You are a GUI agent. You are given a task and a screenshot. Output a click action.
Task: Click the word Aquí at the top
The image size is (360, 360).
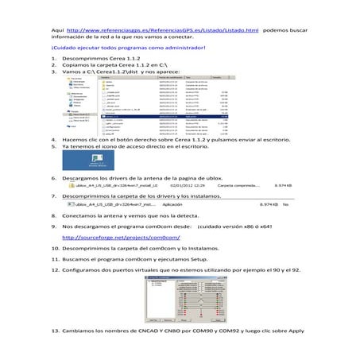click(56, 29)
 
